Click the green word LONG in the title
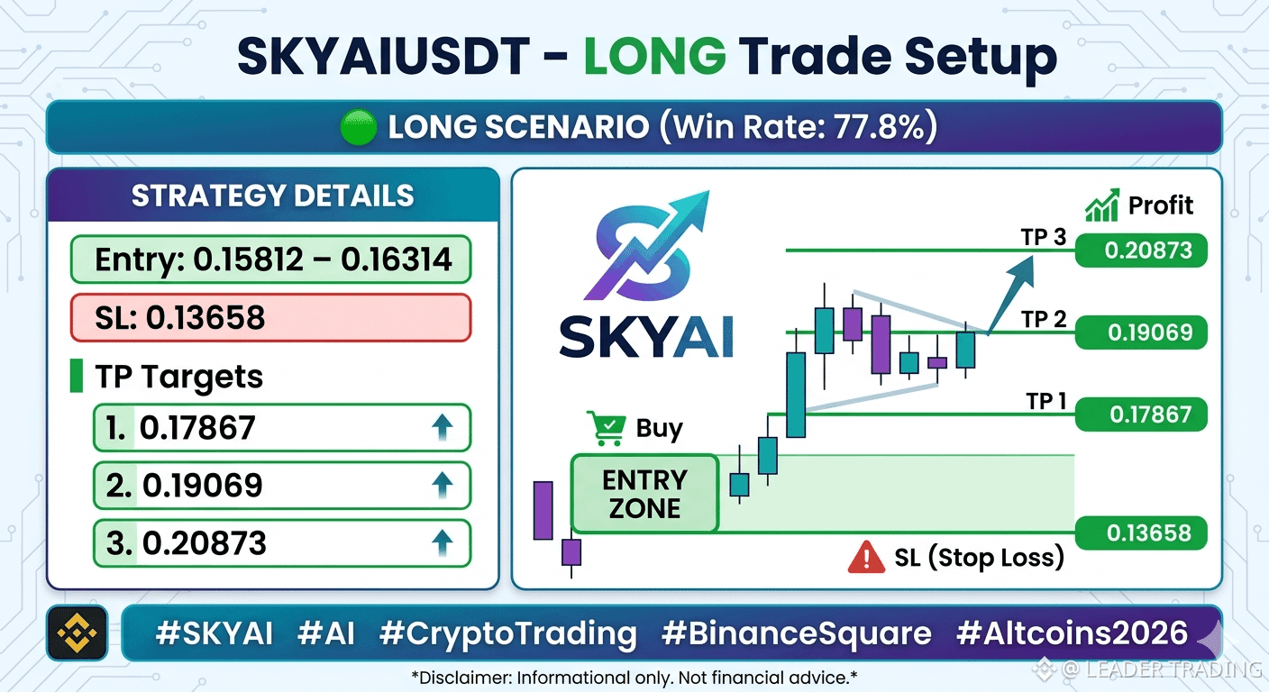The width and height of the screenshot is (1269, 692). pos(655,56)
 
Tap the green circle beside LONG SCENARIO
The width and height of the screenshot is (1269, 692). pos(358,127)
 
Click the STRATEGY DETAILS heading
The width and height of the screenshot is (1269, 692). pos(272,196)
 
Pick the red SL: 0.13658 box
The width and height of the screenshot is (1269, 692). pos(270,318)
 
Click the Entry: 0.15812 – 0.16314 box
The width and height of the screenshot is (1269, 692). pos(270,259)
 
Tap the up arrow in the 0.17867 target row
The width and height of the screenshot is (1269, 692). pos(443,427)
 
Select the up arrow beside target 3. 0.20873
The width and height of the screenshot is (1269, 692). pos(443,543)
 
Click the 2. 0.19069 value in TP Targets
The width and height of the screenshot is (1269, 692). pos(184,486)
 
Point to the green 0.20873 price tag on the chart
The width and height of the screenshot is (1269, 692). pos(1141,250)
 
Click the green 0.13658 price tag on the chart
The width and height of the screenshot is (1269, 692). pos(1141,533)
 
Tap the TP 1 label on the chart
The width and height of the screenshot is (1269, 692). pos(1046,402)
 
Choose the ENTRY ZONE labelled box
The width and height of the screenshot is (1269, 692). pos(644,494)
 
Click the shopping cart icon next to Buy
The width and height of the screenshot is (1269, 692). pos(607,428)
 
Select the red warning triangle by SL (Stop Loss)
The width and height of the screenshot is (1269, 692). pos(866,557)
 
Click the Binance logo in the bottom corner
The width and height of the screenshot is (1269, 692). pos(77,633)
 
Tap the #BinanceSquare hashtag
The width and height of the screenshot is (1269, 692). pos(797,633)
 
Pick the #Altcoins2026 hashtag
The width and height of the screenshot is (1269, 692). pos(1072,633)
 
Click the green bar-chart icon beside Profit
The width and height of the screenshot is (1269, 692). pos(1102,205)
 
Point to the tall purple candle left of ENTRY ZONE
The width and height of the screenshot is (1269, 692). pos(543,510)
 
